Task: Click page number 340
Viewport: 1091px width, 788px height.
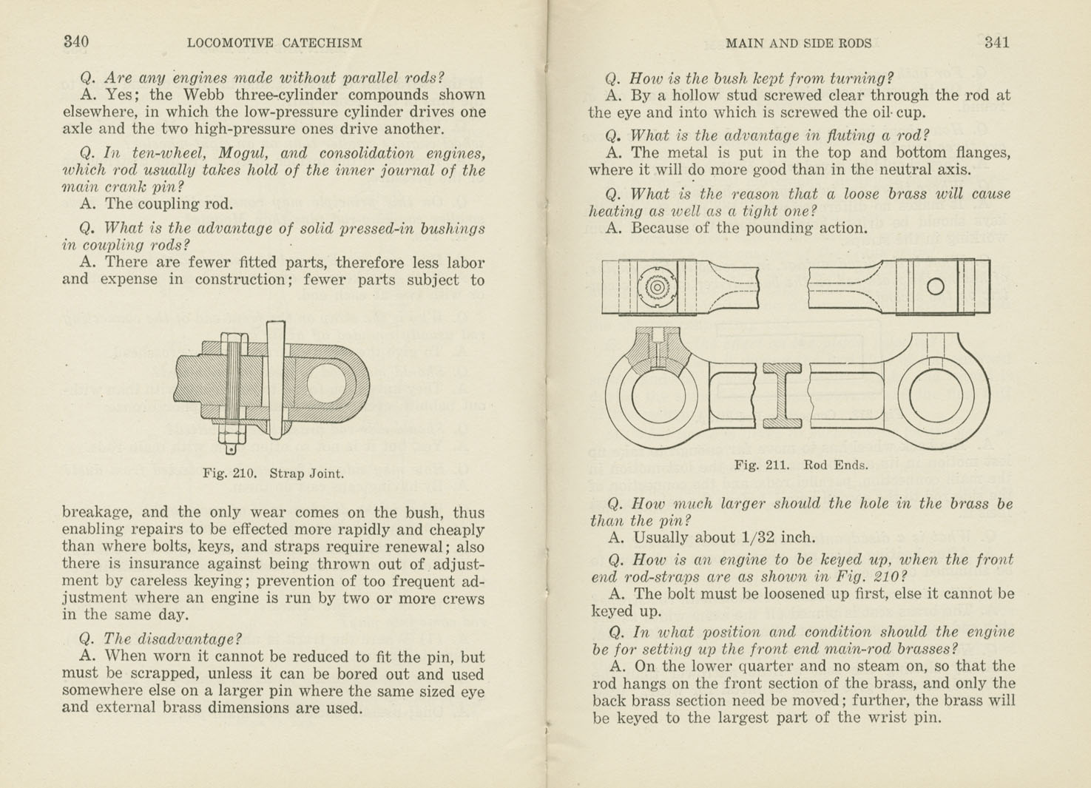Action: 76,41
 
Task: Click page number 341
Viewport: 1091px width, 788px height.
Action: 996,42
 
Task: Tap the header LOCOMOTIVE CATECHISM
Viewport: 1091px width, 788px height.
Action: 274,43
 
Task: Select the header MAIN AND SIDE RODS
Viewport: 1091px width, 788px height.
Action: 798,43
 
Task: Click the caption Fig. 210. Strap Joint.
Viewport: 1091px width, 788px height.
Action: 273,474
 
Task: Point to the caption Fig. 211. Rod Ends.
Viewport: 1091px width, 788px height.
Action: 800,465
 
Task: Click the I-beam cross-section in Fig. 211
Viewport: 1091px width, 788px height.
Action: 783,396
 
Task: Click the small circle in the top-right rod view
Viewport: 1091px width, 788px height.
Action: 935,286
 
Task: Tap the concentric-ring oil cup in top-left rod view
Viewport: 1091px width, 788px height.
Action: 657,287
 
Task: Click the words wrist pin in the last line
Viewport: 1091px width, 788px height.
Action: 909,717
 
